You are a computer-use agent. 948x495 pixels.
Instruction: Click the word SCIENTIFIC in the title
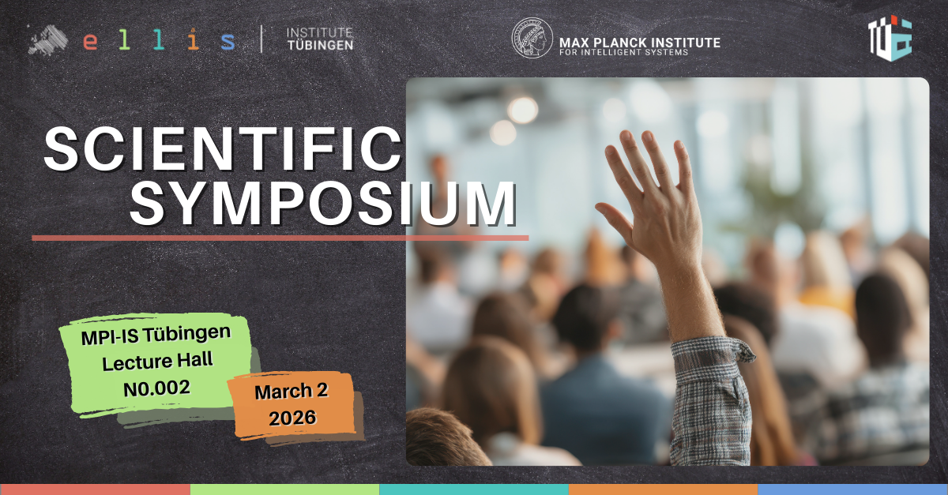point(223,149)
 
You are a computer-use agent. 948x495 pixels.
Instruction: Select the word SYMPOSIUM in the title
point(323,204)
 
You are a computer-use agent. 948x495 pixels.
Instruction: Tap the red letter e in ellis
point(90,42)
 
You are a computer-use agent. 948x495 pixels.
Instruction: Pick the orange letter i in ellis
point(193,39)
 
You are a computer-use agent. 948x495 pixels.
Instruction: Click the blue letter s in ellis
point(228,42)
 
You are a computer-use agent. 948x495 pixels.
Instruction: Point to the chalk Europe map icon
point(48,39)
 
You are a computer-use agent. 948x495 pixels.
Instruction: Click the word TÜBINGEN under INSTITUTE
point(321,45)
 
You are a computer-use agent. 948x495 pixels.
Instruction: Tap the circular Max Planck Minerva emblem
point(532,38)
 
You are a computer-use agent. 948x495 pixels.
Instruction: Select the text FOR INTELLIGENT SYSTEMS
point(624,52)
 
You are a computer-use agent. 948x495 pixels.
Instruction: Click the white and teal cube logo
point(890,38)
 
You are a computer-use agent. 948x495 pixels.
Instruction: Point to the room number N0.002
point(156,388)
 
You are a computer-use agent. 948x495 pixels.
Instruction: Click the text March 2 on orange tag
point(292,392)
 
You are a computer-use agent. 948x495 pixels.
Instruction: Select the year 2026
point(292,418)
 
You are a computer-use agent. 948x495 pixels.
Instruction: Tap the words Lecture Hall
point(157,362)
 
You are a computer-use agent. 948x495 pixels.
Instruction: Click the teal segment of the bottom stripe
point(474,489)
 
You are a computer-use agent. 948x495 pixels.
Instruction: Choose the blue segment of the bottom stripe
point(852,489)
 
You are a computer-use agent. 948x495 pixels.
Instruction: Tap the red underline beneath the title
point(280,238)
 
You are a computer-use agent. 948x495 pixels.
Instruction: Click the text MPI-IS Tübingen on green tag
point(156,335)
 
